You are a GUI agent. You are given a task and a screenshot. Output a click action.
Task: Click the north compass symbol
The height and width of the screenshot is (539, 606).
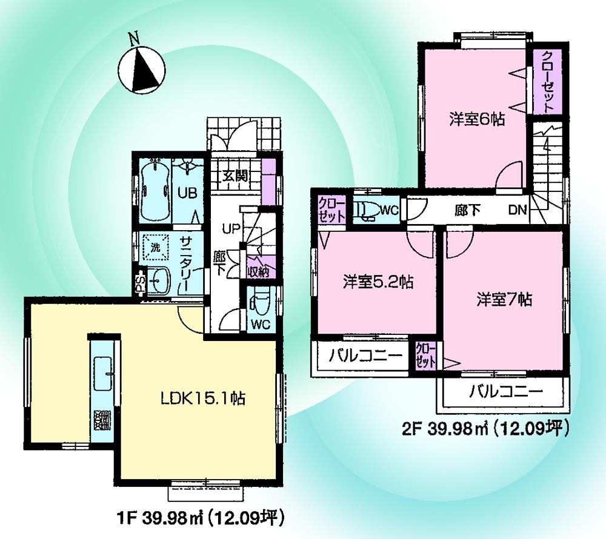(x=140, y=69)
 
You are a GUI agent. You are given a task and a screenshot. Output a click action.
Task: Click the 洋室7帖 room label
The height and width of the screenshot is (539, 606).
(x=504, y=299)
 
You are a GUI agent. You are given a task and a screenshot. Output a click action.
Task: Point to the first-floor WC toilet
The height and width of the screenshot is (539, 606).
(x=261, y=301)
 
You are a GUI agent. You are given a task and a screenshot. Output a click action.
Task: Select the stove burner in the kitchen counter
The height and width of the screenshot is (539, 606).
(x=101, y=420)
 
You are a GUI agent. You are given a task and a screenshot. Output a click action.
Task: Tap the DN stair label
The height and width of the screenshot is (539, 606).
(x=517, y=211)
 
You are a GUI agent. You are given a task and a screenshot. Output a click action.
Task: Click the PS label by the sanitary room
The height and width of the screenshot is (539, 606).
(x=139, y=282)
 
